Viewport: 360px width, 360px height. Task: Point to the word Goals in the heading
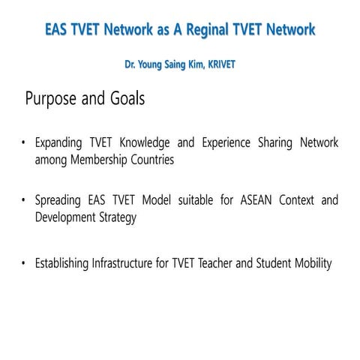124,98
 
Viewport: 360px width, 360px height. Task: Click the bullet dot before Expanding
24,142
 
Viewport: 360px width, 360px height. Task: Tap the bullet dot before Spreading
24,200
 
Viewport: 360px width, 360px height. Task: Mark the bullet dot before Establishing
24,263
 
